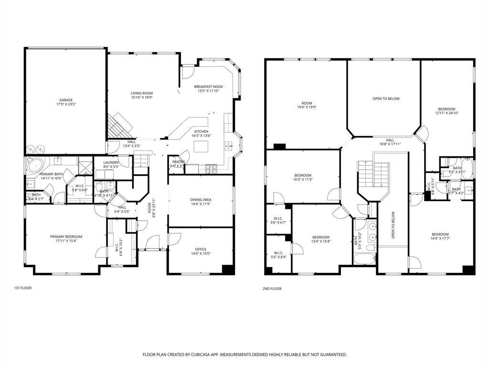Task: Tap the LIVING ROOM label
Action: pyautogui.click(x=142, y=93)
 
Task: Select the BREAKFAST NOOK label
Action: pyautogui.click(x=208, y=86)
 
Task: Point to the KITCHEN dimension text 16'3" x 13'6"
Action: pyautogui.click(x=201, y=136)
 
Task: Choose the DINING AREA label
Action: pyautogui.click(x=201, y=200)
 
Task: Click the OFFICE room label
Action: pyautogui.click(x=201, y=249)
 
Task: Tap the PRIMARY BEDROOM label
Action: pyautogui.click(x=66, y=237)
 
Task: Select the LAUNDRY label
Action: pyautogui.click(x=111, y=162)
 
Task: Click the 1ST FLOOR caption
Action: pyautogui.click(x=23, y=288)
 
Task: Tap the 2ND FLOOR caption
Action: pyautogui.click(x=272, y=289)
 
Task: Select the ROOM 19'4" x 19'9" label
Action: pyautogui.click(x=306, y=103)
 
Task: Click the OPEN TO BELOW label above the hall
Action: pyautogui.click(x=386, y=98)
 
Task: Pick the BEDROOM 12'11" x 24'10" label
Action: pyautogui.click(x=446, y=109)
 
